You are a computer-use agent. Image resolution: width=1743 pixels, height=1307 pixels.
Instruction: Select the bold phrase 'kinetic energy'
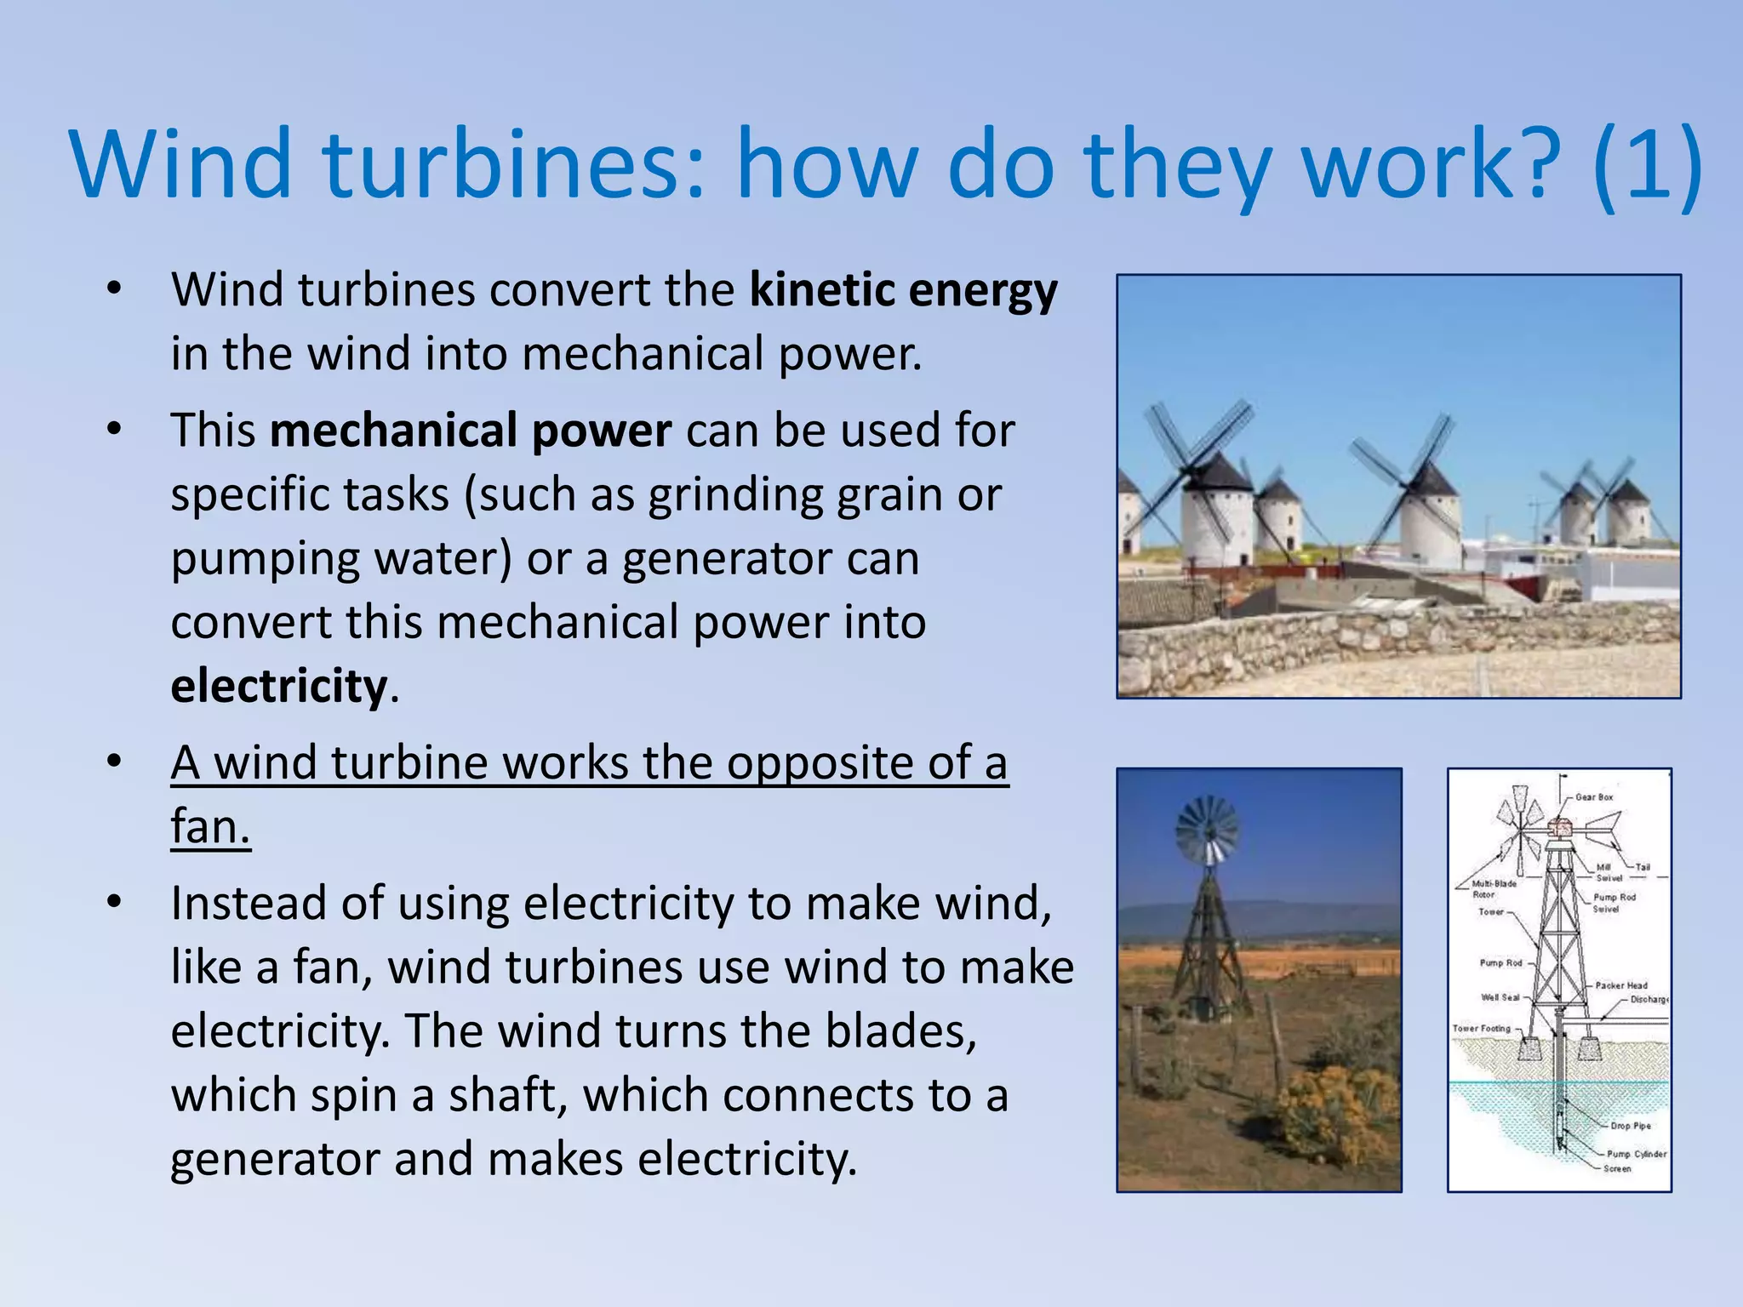point(903,291)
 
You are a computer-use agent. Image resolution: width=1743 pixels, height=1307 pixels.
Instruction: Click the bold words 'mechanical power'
point(471,431)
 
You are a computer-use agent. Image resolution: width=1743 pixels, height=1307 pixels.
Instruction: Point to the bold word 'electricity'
point(279,687)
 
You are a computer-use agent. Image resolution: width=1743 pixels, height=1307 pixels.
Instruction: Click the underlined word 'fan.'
point(210,826)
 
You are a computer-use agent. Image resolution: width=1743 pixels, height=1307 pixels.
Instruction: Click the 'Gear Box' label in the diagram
point(1594,797)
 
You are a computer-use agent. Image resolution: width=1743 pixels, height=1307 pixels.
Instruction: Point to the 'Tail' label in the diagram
point(1643,867)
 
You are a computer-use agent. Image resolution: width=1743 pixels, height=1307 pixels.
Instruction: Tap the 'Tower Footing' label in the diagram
point(1482,1028)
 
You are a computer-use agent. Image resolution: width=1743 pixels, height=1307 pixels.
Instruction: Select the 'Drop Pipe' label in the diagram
point(1631,1126)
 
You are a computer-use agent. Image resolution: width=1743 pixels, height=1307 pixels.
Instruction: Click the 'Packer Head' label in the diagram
point(1621,985)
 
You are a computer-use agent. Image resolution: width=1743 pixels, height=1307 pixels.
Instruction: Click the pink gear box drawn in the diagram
point(1560,827)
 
